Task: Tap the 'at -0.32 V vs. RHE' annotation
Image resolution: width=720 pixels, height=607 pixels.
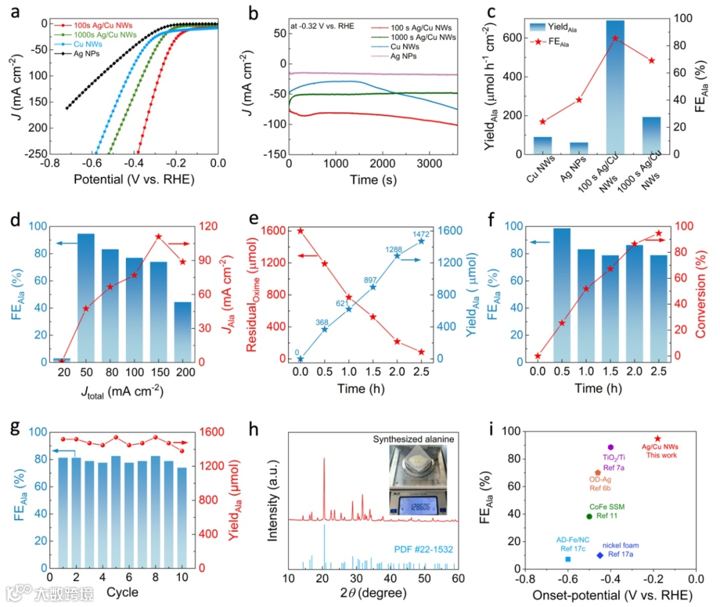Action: point(322,27)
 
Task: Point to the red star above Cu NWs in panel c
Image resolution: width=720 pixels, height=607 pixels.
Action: point(542,121)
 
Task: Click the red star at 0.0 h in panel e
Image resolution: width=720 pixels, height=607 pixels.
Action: point(301,231)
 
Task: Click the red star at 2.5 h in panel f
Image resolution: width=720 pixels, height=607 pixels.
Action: point(659,233)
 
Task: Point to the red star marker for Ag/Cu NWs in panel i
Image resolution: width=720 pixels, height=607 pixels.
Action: point(657,439)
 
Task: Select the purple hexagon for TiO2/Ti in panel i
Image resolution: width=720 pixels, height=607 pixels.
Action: point(610,447)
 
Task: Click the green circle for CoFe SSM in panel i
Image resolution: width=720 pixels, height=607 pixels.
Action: point(589,516)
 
